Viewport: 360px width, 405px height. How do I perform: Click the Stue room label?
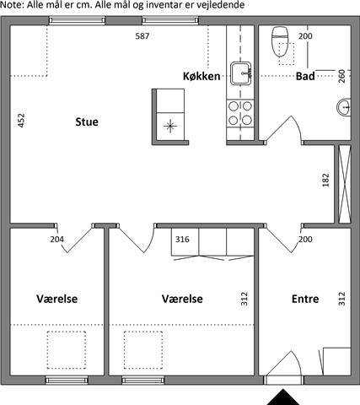point(87,121)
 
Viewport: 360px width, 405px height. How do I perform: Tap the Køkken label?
point(201,76)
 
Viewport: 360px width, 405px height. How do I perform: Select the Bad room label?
point(305,76)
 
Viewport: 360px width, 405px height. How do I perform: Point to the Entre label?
point(305,299)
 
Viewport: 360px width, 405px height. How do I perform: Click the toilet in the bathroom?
point(280,41)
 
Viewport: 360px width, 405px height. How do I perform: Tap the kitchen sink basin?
point(241,73)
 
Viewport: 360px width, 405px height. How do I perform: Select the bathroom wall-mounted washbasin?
point(344,107)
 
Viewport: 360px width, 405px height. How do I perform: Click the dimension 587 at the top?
point(142,36)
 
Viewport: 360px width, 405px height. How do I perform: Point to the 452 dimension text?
point(21,121)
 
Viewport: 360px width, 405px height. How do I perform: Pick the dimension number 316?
point(182,240)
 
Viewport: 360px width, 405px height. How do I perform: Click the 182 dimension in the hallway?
point(325,180)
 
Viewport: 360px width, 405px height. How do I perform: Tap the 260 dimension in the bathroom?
point(341,76)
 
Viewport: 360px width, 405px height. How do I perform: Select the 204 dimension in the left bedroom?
point(57,240)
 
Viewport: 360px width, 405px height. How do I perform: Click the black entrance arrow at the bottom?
point(283,397)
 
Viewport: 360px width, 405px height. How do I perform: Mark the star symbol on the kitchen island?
point(170,127)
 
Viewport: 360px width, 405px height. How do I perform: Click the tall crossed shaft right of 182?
point(345,184)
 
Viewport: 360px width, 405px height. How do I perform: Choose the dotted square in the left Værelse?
point(67,350)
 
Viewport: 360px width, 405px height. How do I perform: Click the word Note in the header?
point(12,5)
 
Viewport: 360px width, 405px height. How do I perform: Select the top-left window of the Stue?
point(77,20)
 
